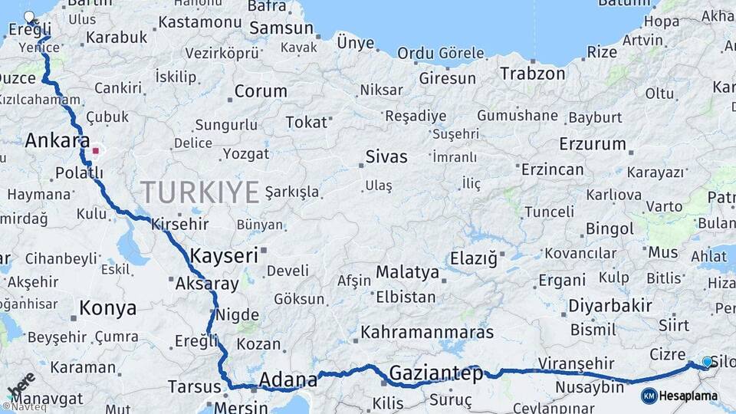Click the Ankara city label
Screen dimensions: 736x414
[x=58, y=141]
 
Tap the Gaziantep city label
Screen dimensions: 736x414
[x=436, y=373]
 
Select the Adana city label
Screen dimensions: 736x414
[x=288, y=379]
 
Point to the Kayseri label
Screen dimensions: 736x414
[x=224, y=255]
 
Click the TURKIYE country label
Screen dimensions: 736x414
[x=199, y=192]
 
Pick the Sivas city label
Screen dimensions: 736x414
[x=386, y=157]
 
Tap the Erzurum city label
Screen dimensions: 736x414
[x=593, y=143]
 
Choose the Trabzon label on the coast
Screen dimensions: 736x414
[x=533, y=74]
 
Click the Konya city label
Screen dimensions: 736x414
[x=108, y=308]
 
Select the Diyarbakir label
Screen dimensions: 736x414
[x=609, y=306]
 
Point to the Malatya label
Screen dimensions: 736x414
[x=407, y=272]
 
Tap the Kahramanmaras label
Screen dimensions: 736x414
[x=427, y=332]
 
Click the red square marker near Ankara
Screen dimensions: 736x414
[x=96, y=151]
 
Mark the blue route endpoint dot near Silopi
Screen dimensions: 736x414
[x=707, y=362]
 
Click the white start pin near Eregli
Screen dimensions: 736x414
[x=30, y=17]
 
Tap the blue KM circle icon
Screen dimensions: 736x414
[x=649, y=396]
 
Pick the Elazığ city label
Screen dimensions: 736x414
[x=473, y=258]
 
